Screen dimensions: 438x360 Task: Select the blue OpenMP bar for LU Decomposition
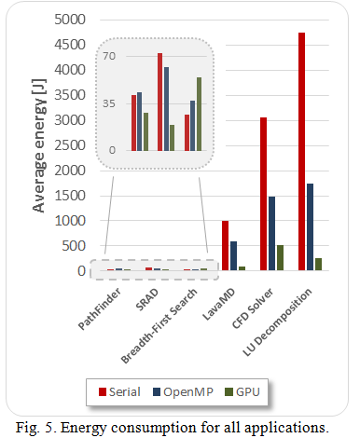311,227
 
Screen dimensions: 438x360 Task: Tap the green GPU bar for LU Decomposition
319,265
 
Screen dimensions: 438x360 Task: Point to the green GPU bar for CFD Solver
281,258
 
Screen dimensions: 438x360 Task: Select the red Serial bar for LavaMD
225,246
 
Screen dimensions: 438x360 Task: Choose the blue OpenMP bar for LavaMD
233,256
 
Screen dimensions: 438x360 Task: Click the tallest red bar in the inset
159,102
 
